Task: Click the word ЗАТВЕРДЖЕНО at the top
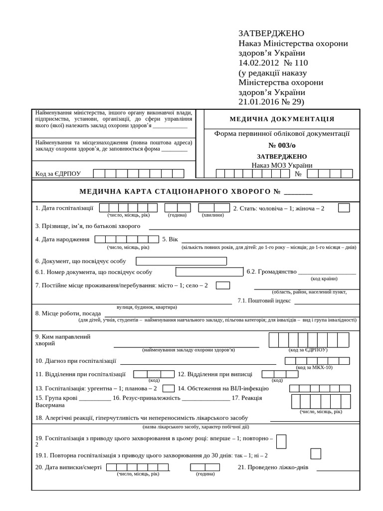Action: pos(271,33)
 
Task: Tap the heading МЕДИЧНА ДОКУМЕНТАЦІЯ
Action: pos(282,119)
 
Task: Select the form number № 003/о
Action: pos(282,145)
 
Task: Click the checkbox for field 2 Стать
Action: pos(344,208)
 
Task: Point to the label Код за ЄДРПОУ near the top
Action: pos(58,174)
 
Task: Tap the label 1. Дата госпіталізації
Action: pos(64,208)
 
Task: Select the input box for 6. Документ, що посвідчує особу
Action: pos(181,261)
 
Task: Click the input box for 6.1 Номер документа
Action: pos(209,272)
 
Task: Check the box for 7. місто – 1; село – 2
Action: pos(223,285)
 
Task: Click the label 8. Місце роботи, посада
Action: pos(68,313)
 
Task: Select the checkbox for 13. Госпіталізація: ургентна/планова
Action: pos(169,388)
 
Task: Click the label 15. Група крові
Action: pos(56,398)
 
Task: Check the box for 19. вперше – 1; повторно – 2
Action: pos(281,442)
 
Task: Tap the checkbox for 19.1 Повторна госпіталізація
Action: pos(316,454)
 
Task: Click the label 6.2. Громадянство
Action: pos(271,272)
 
